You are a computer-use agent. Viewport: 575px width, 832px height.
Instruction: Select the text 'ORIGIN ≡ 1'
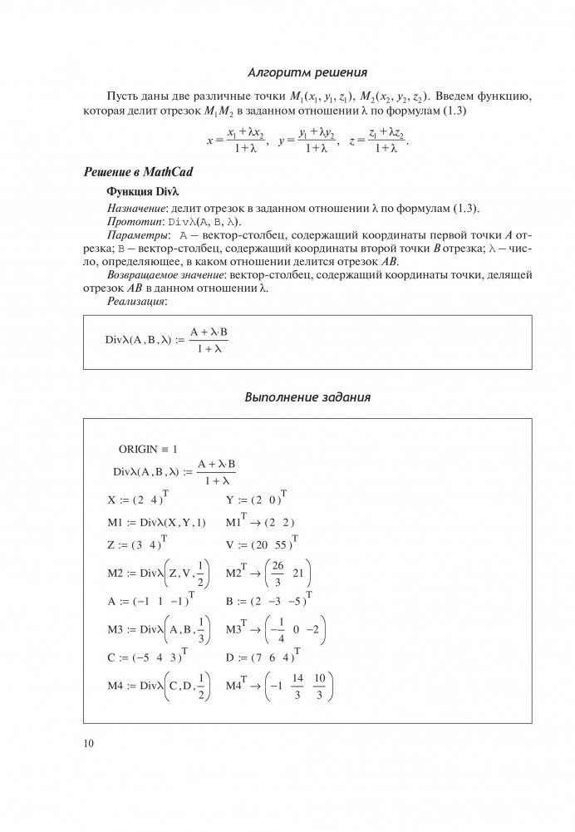148,449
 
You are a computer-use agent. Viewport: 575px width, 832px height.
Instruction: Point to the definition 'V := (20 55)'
261,544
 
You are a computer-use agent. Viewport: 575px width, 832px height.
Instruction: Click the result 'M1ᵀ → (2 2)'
260,522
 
